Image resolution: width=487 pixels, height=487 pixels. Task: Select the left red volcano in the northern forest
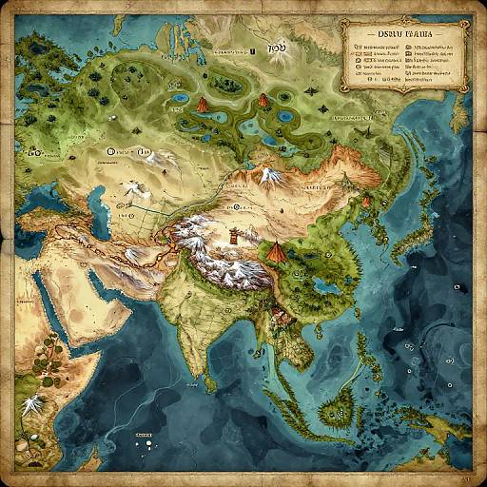click(x=203, y=104)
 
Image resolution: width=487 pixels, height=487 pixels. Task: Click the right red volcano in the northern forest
click(x=263, y=101)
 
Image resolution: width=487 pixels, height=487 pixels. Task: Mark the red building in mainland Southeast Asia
click(x=277, y=314)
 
